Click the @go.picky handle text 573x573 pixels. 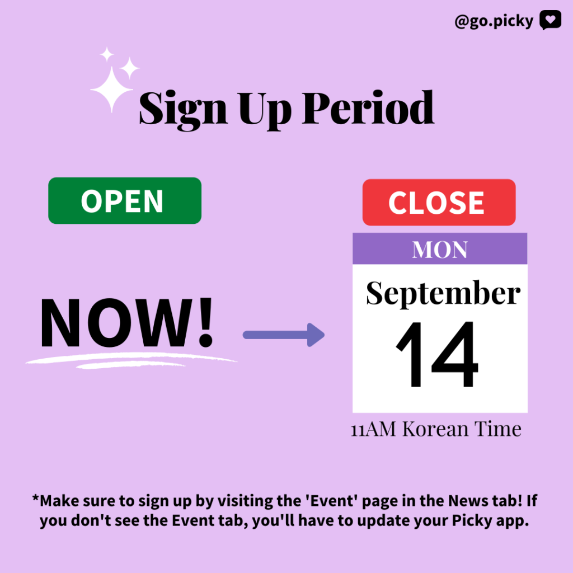click(494, 21)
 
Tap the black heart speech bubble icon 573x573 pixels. click(551, 20)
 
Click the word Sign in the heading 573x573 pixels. click(184, 110)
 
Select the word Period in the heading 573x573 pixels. click(368, 107)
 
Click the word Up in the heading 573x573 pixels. click(265, 110)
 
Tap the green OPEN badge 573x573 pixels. click(125, 201)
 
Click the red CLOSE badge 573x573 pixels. click(439, 202)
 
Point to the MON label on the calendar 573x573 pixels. click(440, 250)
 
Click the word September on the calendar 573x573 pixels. click(443, 293)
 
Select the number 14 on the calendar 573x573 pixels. click(437, 354)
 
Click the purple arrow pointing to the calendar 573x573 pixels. click(284, 335)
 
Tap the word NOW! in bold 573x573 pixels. click(126, 322)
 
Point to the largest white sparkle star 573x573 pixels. click(111, 89)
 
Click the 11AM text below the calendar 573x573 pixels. click(373, 429)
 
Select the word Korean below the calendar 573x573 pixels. click(435, 429)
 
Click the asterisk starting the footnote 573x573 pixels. click(35, 498)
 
